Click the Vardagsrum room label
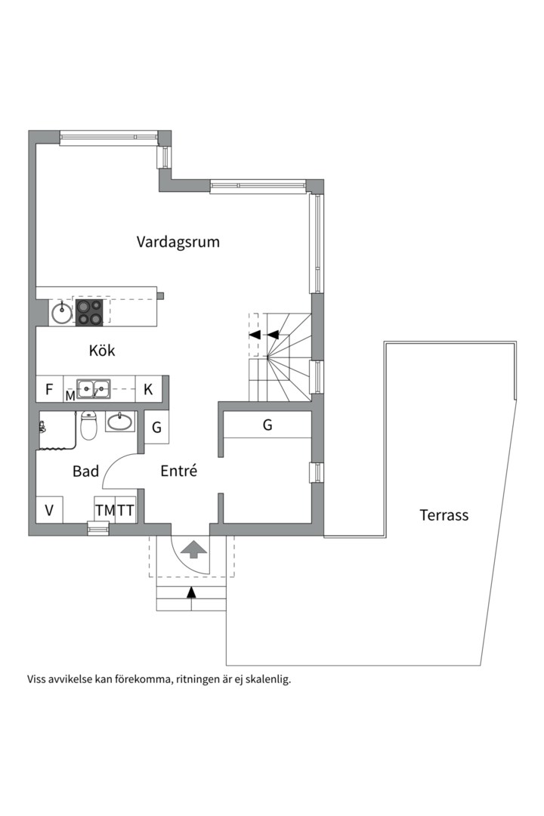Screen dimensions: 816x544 [178, 242]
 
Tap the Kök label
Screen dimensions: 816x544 [102, 351]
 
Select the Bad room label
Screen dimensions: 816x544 [85, 471]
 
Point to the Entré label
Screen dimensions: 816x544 [179, 471]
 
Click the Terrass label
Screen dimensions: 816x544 [444, 515]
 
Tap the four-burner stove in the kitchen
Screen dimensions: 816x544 [89, 313]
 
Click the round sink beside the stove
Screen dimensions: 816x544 [61, 311]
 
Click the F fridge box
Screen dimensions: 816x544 [49, 390]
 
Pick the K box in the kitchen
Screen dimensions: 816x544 [149, 390]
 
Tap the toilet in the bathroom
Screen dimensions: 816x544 [88, 426]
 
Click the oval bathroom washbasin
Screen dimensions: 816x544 [119, 422]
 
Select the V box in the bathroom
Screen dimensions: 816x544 [49, 510]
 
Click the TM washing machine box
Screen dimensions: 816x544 [105, 510]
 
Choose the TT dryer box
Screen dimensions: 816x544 [125, 510]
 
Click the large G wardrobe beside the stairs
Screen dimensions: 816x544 [267, 425]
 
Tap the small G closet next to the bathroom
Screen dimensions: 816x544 [156, 428]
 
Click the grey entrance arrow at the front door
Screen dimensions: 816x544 [194, 549]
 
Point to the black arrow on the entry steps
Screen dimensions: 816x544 [191, 592]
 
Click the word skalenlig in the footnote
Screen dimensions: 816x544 [265, 678]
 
